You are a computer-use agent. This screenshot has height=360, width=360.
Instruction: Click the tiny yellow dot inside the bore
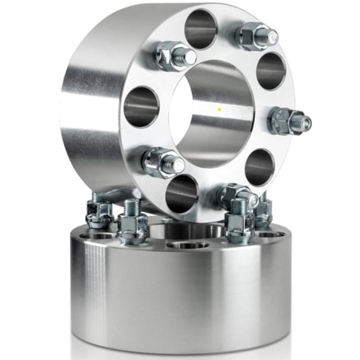[x=219, y=109]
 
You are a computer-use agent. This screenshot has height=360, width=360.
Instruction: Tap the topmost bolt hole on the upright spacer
[x=201, y=29]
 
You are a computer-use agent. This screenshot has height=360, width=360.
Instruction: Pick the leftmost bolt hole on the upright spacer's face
[x=141, y=107]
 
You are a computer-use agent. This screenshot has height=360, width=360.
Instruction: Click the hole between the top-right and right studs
[x=271, y=71]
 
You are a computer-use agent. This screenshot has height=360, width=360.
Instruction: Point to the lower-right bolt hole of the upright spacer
[x=259, y=167]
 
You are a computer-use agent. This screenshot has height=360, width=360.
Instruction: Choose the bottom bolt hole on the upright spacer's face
[x=182, y=193]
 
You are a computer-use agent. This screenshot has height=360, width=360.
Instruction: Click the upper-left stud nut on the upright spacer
[x=174, y=56]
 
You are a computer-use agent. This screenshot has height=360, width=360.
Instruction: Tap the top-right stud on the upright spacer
[x=256, y=36]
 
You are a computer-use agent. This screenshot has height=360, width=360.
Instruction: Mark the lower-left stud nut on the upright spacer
[x=162, y=162]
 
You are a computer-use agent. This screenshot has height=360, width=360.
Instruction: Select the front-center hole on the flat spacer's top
[x=187, y=244]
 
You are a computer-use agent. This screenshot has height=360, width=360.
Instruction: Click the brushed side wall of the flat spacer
[x=181, y=294]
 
